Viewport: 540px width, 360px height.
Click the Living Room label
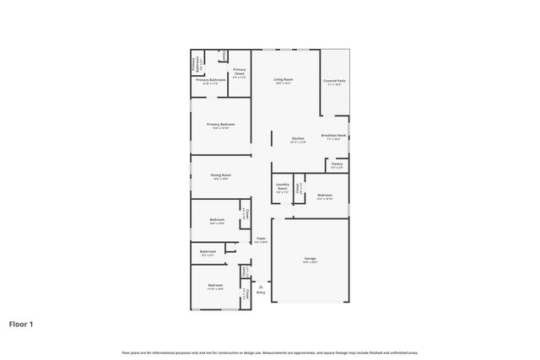coord(282,81)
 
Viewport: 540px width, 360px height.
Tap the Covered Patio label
coord(334,82)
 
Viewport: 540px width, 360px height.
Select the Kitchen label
coord(298,139)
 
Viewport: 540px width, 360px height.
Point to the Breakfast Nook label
coord(334,137)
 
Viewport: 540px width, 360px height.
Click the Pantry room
coord(337,165)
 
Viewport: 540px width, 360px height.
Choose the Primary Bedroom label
coord(220,126)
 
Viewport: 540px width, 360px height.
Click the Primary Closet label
coord(239,73)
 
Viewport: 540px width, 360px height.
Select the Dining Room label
coord(220,175)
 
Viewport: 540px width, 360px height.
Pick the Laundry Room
coord(282,189)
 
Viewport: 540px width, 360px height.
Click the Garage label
coord(310,260)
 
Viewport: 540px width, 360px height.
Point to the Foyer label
coord(261,240)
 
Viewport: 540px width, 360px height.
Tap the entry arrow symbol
coord(261,287)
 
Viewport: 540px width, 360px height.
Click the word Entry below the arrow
coord(261,293)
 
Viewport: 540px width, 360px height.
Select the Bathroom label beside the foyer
coord(208,251)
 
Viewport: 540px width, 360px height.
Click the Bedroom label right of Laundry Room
coord(325,196)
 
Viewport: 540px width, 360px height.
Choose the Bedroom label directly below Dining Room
coord(216,221)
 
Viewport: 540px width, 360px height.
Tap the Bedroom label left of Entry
coord(214,286)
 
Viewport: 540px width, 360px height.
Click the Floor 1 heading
coord(21,323)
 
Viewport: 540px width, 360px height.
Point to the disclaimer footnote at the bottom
coord(269,352)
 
